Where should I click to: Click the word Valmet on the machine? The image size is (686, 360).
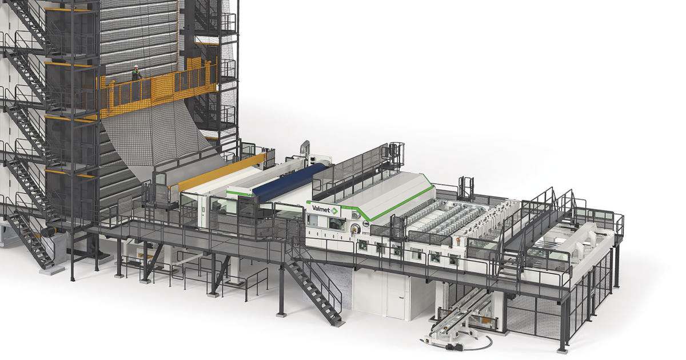coord(321,209)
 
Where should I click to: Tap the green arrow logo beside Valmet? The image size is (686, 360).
coord(334,211)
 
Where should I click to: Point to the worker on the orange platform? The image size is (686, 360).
coord(135,73)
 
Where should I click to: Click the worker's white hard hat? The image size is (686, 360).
coord(135,66)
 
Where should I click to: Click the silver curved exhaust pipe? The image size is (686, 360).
coord(305,149)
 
